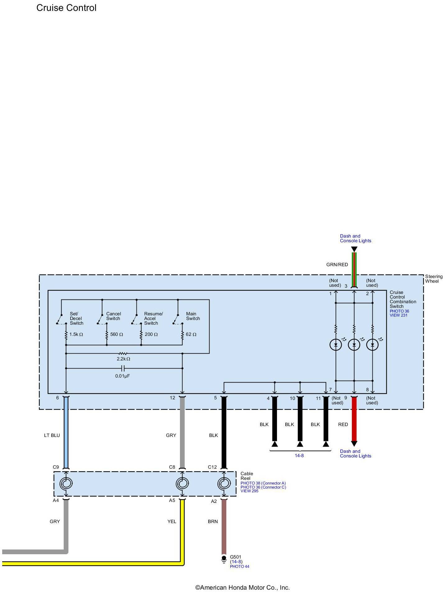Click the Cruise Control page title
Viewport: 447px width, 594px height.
(66, 8)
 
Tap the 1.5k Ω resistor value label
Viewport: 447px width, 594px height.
(76, 334)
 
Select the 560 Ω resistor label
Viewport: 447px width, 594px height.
(117, 334)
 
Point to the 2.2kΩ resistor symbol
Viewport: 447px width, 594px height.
(123, 354)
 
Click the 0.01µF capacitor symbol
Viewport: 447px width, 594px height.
(123, 369)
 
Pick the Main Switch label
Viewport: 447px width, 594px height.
(193, 316)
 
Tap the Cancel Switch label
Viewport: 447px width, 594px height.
(113, 316)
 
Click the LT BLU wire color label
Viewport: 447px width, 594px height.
(52, 435)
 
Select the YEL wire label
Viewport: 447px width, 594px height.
(172, 522)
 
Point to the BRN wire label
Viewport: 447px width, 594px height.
(213, 522)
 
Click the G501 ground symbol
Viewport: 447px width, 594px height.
(224, 559)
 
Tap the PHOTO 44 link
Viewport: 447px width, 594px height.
(239, 567)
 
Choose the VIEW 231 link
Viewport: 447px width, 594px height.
(399, 315)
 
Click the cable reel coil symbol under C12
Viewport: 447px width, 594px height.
(223, 484)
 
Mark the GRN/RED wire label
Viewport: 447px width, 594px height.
(337, 265)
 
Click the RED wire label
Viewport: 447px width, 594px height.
(343, 425)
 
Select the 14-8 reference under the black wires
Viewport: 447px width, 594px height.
(299, 456)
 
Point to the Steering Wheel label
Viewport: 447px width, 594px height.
(434, 279)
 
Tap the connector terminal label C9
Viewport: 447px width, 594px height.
(56, 467)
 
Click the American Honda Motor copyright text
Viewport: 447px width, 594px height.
(242, 588)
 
